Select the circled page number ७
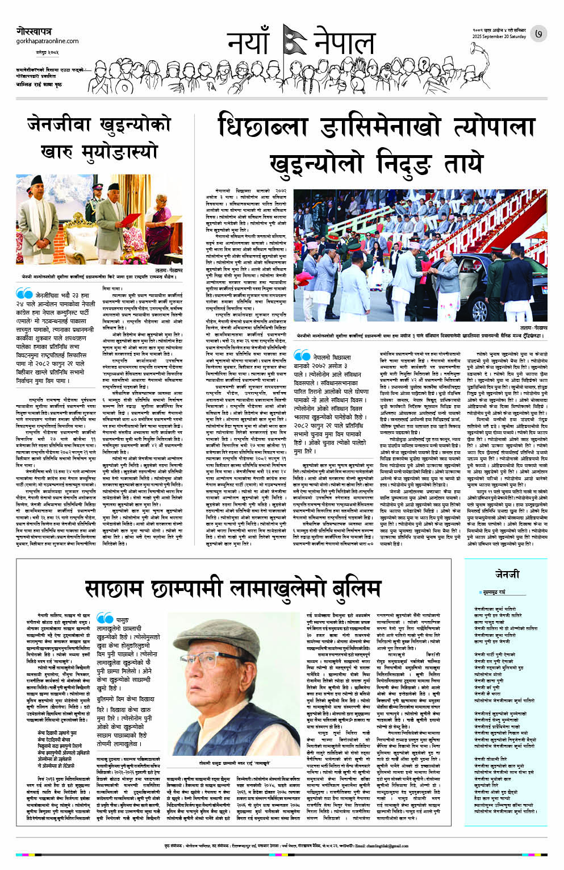(x=538, y=34)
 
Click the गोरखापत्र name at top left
(x=34, y=32)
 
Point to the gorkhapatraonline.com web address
(x=48, y=41)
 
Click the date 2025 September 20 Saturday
(x=499, y=37)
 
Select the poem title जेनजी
(x=506, y=575)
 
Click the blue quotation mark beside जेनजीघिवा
(x=24, y=294)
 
